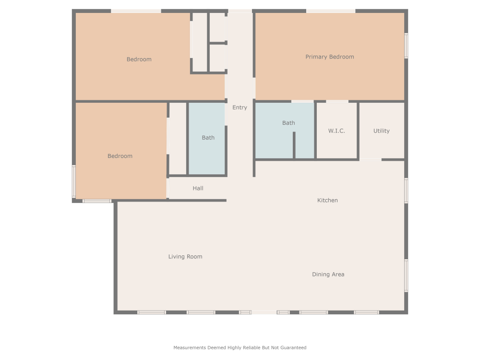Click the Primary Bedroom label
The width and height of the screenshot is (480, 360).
[330, 57]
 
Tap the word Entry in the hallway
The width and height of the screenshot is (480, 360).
[240, 108]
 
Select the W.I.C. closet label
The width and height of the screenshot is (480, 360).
[336, 131]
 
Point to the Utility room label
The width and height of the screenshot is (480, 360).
[382, 131]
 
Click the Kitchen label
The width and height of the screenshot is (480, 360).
[327, 200]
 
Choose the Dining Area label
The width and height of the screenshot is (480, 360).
[328, 275]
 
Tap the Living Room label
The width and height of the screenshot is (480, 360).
[185, 257]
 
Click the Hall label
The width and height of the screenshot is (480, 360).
[198, 188]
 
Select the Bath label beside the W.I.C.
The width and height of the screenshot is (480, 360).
[288, 123]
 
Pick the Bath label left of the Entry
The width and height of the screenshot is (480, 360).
[208, 138]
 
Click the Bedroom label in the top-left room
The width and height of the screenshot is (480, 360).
[139, 60]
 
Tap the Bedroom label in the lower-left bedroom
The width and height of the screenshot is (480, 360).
[120, 156]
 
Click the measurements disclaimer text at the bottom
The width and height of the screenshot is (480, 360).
[240, 348]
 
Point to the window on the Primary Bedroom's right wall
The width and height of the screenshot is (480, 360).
[406, 46]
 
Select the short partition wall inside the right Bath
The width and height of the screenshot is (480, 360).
[294, 145]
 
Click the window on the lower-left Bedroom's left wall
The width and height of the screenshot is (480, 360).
[74, 181]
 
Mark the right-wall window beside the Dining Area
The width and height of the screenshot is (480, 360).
[406, 276]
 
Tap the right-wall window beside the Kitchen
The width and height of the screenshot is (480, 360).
[406, 191]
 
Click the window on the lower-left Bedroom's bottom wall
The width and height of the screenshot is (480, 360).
[97, 201]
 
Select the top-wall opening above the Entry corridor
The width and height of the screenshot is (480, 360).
[240, 11]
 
